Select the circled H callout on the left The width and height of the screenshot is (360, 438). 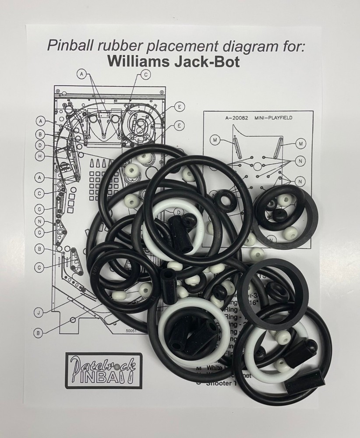[40, 155]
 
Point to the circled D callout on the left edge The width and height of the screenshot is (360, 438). [40, 145]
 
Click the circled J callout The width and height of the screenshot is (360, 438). [39, 312]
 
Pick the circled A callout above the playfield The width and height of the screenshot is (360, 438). [81, 75]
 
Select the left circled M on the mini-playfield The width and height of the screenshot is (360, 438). [215, 140]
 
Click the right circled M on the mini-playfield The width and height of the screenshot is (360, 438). [301, 143]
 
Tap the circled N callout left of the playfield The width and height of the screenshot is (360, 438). [40, 221]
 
